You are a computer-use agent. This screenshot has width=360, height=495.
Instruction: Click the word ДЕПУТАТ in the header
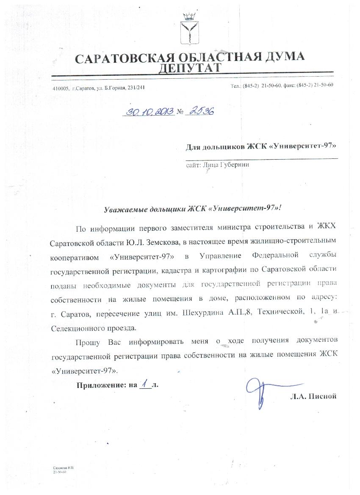pyautogui.click(x=190, y=68)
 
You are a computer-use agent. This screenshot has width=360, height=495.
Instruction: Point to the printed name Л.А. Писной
pyautogui.click(x=313, y=396)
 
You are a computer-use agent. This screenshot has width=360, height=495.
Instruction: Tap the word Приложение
pyautogui.click(x=100, y=385)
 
